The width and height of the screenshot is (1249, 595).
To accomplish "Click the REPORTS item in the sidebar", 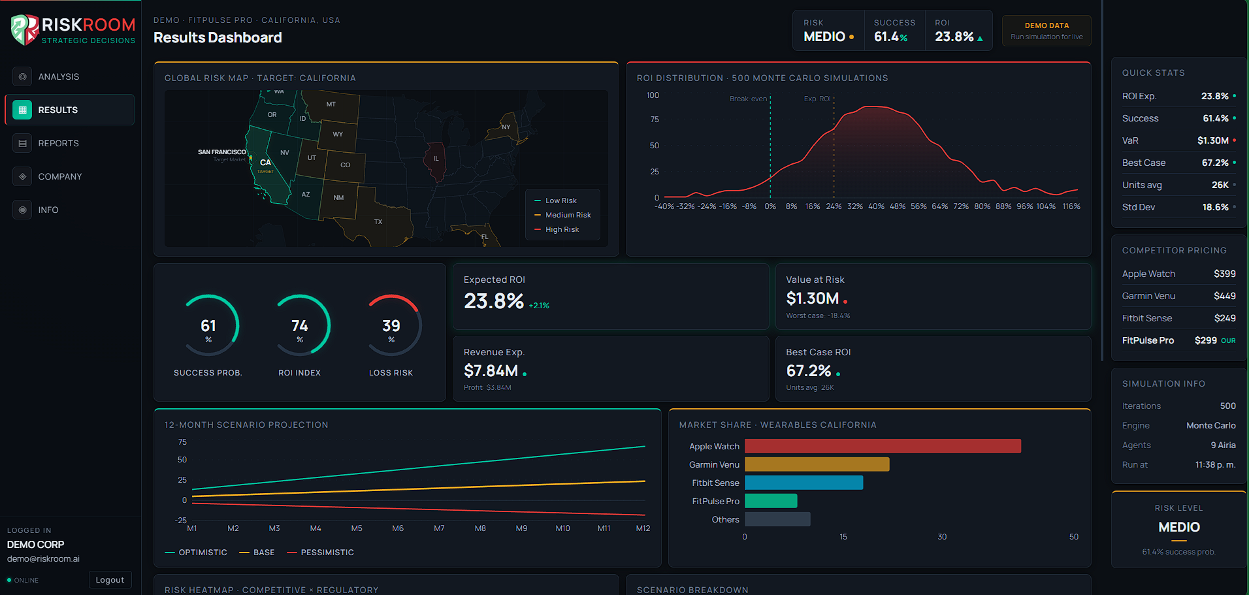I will click(58, 143).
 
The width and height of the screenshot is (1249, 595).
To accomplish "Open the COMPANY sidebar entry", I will click(59, 176).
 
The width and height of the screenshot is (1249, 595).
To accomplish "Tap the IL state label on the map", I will click(436, 159).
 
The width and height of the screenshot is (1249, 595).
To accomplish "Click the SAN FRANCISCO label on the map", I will click(222, 152).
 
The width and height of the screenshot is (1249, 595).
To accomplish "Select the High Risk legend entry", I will click(562, 229).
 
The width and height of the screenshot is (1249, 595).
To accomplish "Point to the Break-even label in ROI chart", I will click(748, 99).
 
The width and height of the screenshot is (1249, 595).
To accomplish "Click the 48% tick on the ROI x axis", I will click(898, 206).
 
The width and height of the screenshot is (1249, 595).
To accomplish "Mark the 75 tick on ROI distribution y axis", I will click(655, 120).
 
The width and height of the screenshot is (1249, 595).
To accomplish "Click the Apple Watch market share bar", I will click(882, 446).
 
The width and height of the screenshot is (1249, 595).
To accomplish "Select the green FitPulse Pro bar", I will click(771, 501).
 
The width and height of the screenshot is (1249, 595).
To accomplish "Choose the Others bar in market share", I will click(777, 519).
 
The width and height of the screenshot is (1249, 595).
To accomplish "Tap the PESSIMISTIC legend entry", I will click(327, 553).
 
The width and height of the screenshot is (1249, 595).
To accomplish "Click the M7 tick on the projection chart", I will click(439, 528).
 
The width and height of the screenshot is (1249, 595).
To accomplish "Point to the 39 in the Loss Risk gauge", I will click(391, 326).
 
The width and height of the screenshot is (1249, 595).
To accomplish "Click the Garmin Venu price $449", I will click(1224, 296).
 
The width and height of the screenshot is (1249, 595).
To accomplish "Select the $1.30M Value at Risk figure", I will click(813, 298).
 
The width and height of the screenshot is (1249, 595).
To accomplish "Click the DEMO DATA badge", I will click(1046, 31).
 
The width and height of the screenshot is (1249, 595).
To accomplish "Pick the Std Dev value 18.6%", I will click(1215, 207).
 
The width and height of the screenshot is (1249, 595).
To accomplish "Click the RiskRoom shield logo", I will click(25, 30).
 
